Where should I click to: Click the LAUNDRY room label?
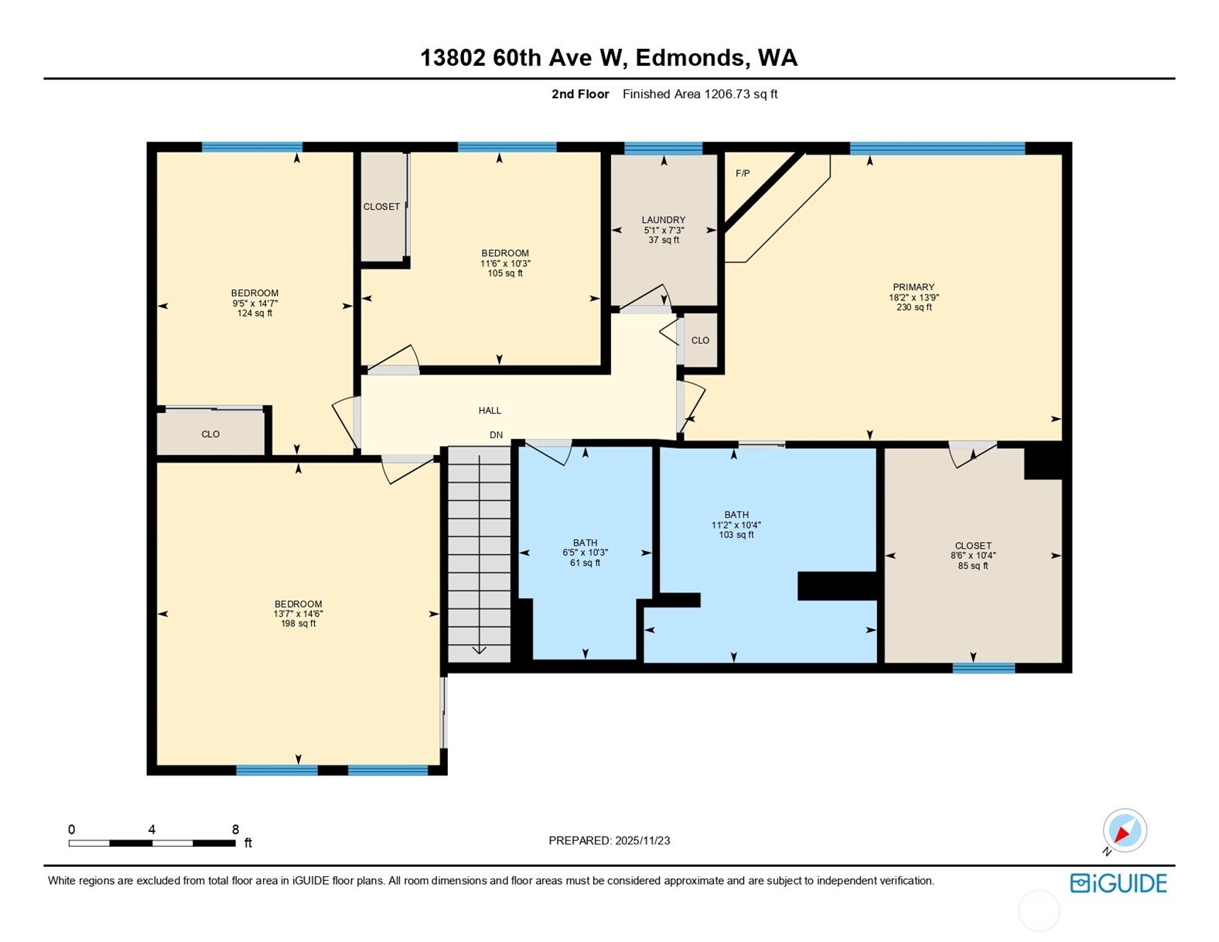(x=663, y=220)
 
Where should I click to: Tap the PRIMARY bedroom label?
(x=913, y=287)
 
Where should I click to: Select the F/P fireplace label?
(x=743, y=173)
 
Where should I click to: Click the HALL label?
(x=490, y=411)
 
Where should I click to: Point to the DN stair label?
(x=497, y=435)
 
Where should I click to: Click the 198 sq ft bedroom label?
(x=298, y=605)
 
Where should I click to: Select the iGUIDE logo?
(x=1118, y=883)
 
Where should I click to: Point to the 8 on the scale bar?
(x=235, y=829)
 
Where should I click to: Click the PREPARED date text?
(x=609, y=841)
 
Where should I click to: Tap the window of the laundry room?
(x=663, y=149)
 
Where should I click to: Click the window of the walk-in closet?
(x=983, y=668)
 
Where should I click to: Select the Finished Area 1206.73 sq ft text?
(x=700, y=94)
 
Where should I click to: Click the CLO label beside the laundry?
(x=700, y=341)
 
